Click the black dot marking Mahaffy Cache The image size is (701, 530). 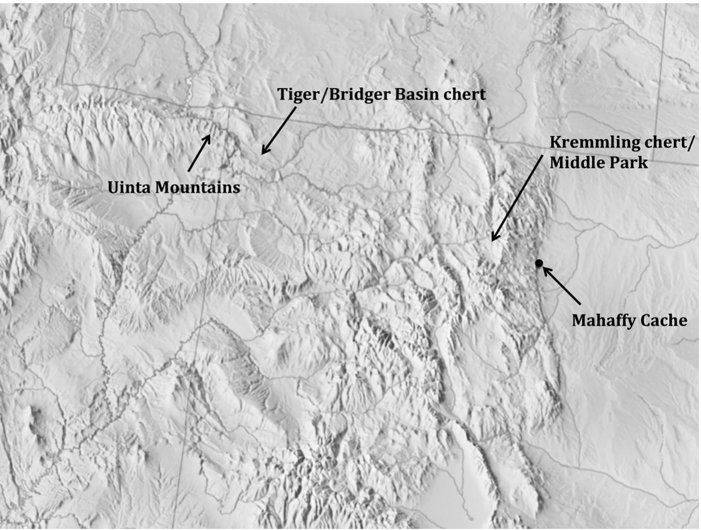[539, 263]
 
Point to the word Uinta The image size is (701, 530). [130, 187]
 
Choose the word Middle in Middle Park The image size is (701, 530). [576, 163]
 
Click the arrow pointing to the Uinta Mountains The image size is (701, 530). [200, 152]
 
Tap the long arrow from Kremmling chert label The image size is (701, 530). [517, 198]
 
